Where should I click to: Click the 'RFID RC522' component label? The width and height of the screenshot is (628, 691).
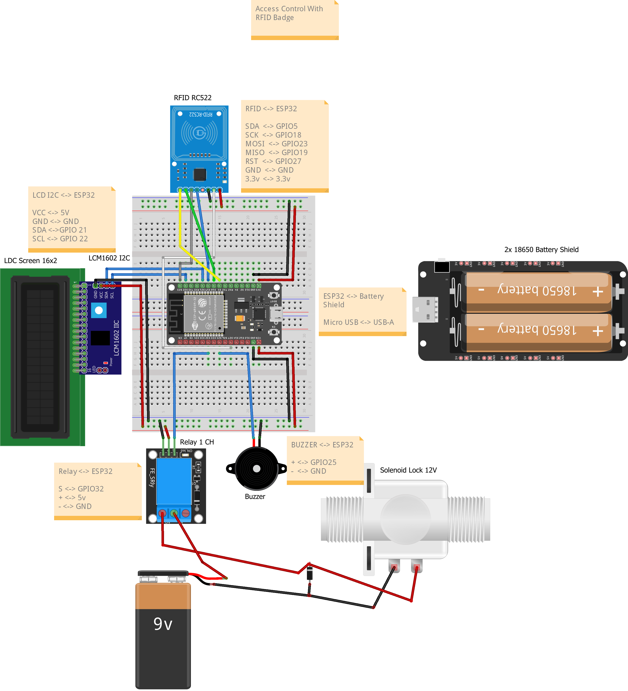pos(192,98)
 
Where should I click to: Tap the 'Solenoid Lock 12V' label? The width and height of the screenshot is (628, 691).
pos(408,470)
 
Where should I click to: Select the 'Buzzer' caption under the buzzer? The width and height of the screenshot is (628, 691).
pos(255,496)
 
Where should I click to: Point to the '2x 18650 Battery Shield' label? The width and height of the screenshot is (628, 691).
pos(541,249)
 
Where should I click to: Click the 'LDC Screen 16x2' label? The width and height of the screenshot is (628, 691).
pos(31,261)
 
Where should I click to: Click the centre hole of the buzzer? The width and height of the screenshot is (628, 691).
pos(257,468)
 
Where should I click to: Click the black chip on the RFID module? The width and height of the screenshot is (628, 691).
pos(200,175)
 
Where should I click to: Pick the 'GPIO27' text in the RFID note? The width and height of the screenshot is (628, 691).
pos(288,161)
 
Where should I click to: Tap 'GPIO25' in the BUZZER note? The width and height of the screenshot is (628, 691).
pos(323,462)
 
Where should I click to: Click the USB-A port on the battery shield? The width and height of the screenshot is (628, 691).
pos(425,310)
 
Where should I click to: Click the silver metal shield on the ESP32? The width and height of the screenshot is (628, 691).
pos(204,313)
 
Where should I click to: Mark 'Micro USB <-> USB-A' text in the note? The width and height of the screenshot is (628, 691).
pos(358,322)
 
